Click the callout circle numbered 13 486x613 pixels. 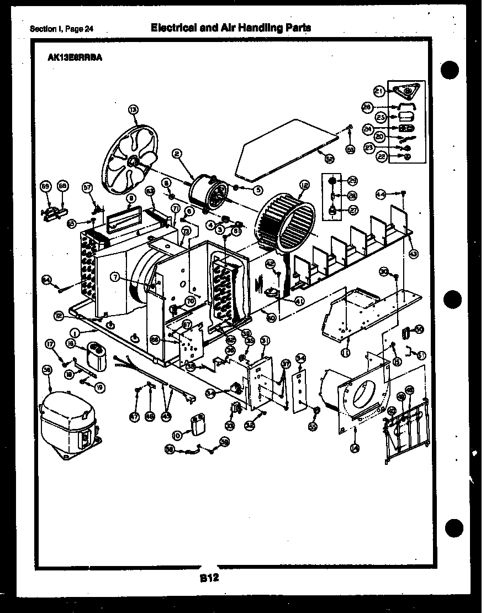133,109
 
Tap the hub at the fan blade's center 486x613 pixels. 133,161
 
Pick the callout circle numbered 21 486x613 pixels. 379,91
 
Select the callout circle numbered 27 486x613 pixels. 352,210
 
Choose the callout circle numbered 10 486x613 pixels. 177,436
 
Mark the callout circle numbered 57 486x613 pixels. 87,187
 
